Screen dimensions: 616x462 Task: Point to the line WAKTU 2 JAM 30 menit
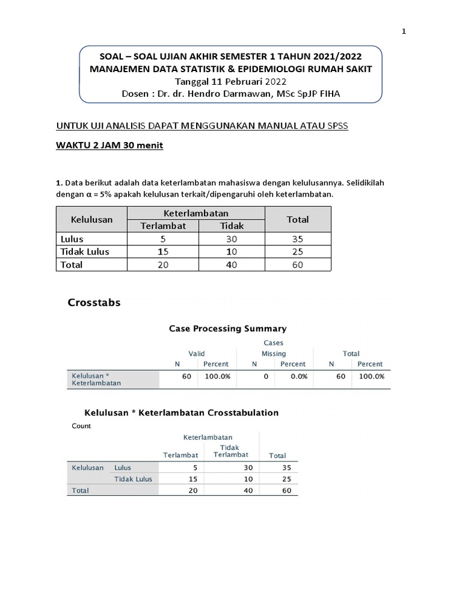coord(109,146)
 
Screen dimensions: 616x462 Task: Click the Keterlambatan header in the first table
coord(196,214)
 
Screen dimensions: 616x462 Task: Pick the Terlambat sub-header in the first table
coord(163,226)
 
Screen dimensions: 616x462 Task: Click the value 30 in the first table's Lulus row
coord(232,239)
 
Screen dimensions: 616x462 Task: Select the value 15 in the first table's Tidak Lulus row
coord(163,251)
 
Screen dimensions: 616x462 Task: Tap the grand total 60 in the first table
coord(298,265)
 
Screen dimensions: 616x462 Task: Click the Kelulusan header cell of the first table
coord(92,220)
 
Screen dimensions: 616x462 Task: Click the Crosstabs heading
coord(94,303)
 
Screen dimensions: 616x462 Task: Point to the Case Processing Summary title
coord(227,328)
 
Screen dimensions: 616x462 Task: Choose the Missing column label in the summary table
coord(274,354)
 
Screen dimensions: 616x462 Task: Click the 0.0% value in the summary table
coord(298,376)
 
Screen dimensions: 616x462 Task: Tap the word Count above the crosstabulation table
coord(81,426)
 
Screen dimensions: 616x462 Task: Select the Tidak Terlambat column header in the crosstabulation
coord(230,451)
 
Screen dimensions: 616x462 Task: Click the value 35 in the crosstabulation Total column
coord(286,467)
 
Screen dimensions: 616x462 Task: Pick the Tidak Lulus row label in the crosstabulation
coord(134,479)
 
